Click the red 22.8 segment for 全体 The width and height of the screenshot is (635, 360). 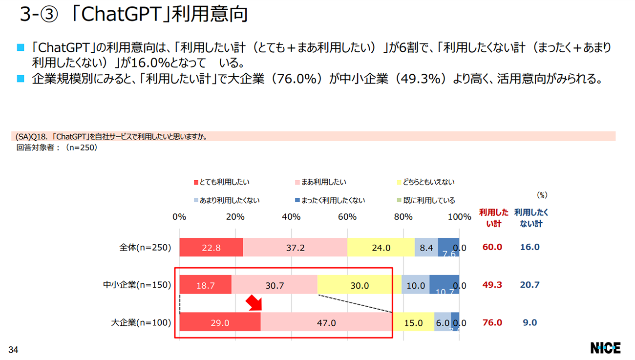[211, 248]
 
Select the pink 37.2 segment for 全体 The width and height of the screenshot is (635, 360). [295, 248]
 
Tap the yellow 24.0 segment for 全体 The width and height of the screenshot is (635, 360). [381, 248]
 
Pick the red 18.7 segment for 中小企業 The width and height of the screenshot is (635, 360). [205, 285]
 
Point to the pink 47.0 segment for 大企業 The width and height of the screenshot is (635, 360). [326, 322]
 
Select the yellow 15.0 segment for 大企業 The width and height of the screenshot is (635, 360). [413, 322]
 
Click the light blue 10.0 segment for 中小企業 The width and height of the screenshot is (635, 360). [416, 285]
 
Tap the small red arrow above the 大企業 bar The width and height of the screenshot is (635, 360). [255, 303]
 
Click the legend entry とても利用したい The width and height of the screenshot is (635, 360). [222, 182]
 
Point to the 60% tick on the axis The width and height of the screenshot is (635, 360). [347, 217]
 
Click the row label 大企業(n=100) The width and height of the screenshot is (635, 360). [141, 322]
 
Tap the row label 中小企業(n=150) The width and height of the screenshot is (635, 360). [137, 285]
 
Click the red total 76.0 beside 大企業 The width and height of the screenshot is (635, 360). [492, 322]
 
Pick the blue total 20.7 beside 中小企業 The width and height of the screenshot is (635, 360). [529, 285]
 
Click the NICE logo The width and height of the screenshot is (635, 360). [605, 348]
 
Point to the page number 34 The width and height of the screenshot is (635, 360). [13, 350]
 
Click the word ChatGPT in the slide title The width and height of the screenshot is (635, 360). [118, 15]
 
